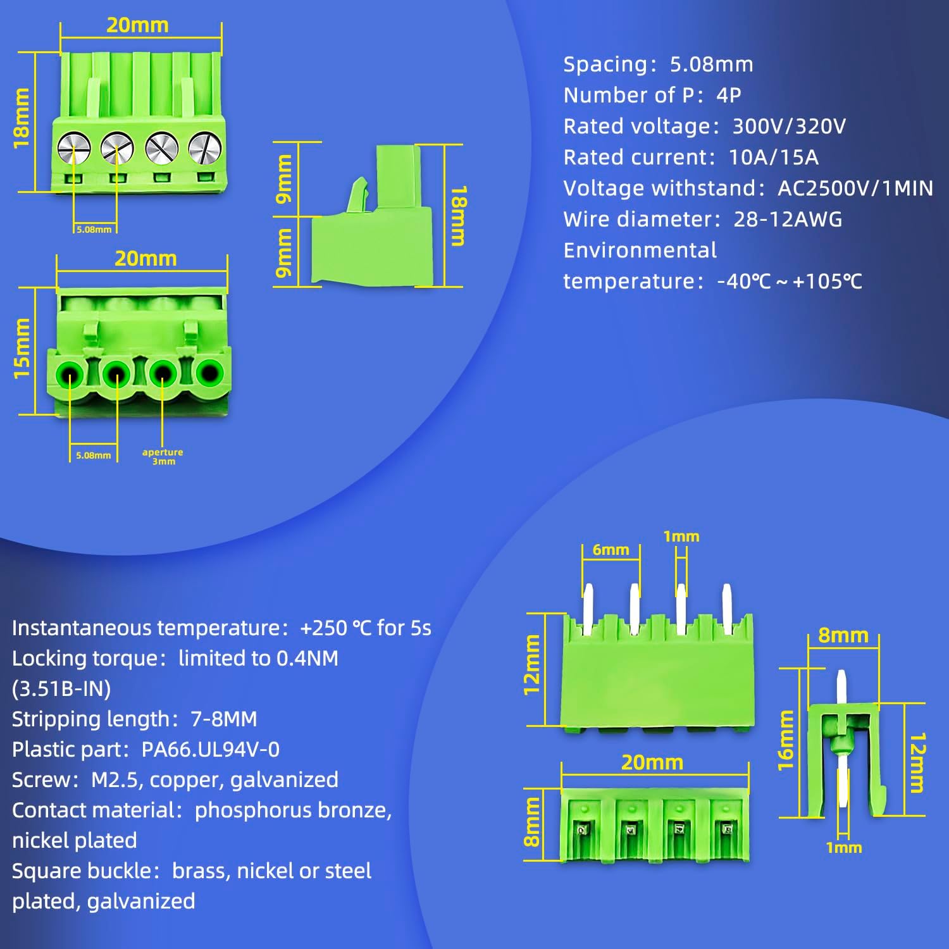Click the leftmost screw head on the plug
click(x=74, y=148)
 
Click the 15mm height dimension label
click(x=22, y=349)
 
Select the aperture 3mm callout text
click(x=163, y=456)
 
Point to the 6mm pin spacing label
click(x=611, y=550)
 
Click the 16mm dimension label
click(x=785, y=740)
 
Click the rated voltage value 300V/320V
click(x=788, y=126)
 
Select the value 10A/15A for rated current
click(x=773, y=157)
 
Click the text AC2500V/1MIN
click(x=855, y=188)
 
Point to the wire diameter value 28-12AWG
click(x=788, y=219)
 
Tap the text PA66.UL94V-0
click(x=210, y=749)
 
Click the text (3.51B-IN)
click(x=61, y=688)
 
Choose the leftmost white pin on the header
click(x=588, y=609)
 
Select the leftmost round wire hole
click(x=70, y=375)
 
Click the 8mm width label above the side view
click(x=843, y=635)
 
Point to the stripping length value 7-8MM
click(x=223, y=719)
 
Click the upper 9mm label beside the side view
click(x=284, y=178)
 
